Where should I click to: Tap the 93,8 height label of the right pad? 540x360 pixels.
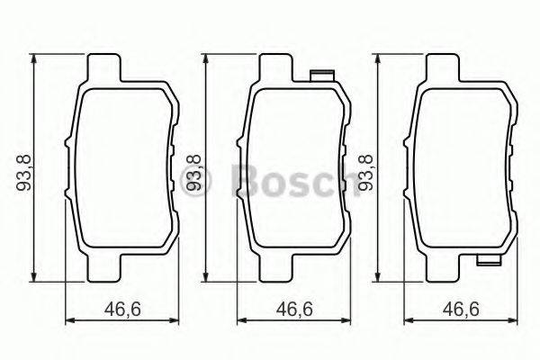point(365,168)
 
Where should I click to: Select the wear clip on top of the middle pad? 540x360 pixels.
point(320,74)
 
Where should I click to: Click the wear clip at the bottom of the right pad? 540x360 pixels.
point(489,263)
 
